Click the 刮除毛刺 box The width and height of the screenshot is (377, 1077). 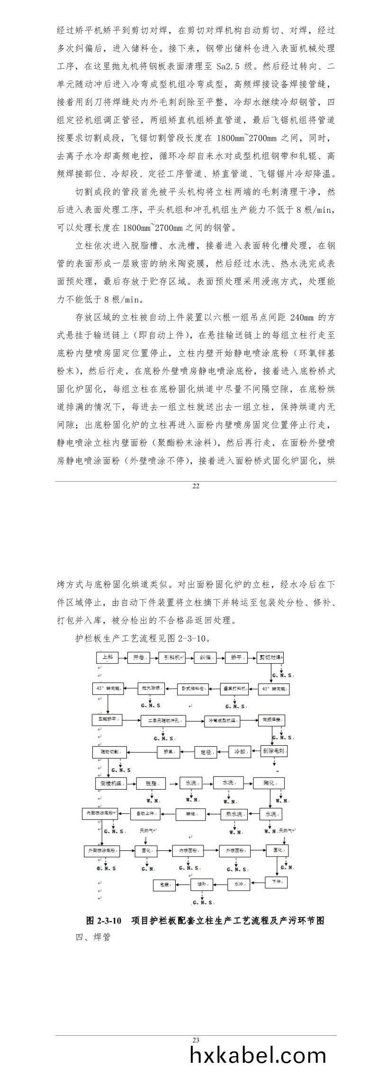pyautogui.click(x=275, y=751)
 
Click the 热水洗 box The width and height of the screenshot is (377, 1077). pyautogui.click(x=234, y=814)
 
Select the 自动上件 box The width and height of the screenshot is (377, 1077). pyautogui.click(x=145, y=814)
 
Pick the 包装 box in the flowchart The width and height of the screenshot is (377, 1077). pyautogui.click(x=165, y=884)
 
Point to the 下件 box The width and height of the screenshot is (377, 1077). pyautogui.click(x=276, y=883)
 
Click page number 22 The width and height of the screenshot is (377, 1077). pyautogui.click(x=196, y=486)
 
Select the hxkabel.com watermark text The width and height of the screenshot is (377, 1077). pyautogui.click(x=258, y=1055)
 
